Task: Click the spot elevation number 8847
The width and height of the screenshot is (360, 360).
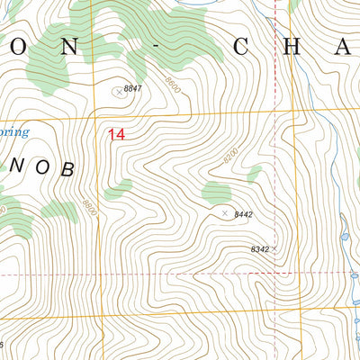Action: pyautogui.click(x=134, y=88)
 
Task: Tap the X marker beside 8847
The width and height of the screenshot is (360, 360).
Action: pyautogui.click(x=118, y=91)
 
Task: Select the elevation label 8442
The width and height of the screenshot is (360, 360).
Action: pyautogui.click(x=242, y=215)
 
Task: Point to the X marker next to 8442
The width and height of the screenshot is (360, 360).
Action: pyautogui.click(x=225, y=213)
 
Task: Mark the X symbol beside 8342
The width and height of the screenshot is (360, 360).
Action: pyautogui.click(x=275, y=247)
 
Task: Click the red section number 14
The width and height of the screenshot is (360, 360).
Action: pyautogui.click(x=116, y=135)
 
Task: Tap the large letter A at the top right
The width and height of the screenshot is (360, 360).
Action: pyautogui.click(x=345, y=48)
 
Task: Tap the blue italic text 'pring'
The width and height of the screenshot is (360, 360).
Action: pyautogui.click(x=13, y=133)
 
